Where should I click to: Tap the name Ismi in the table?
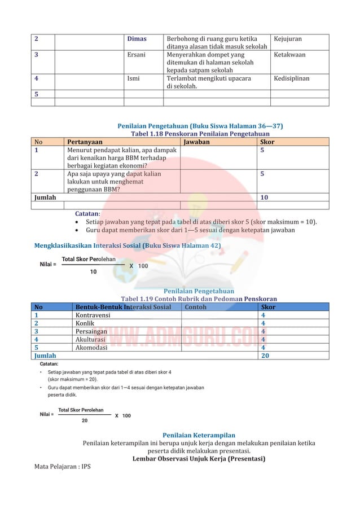point(134,79)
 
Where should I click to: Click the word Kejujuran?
point(288,39)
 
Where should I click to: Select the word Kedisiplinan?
point(291,79)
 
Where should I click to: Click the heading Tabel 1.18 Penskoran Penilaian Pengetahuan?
point(200,134)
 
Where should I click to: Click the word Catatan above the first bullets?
point(87,214)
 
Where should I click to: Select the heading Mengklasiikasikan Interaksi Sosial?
point(128,246)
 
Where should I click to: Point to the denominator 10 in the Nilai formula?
point(93,271)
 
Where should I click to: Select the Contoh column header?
point(195,308)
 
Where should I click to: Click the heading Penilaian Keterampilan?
point(199,435)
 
